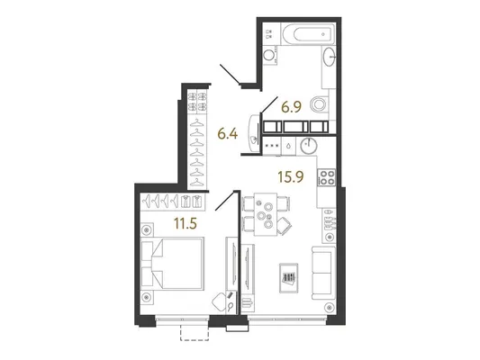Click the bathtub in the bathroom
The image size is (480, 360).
pyautogui.click(x=308, y=34)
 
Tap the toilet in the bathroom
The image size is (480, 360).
pyautogui.click(x=319, y=105)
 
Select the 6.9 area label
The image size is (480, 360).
pyautogui.click(x=292, y=107)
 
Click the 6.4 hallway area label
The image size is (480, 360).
pyautogui.click(x=228, y=134)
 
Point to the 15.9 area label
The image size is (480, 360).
pyautogui.click(x=291, y=176)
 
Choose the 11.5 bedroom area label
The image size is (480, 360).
pyautogui.click(x=186, y=224)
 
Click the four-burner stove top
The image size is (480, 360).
pyautogui.click(x=327, y=177)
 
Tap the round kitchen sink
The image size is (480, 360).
pyautogui.click(x=309, y=146)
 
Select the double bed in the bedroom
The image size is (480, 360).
pyautogui.click(x=173, y=264)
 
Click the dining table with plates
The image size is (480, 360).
pyautogui.click(x=266, y=214)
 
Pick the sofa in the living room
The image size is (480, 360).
pyautogui.click(x=323, y=273)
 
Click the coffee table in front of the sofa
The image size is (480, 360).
pyautogui.click(x=289, y=278)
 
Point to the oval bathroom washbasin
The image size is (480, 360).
pyautogui.click(x=330, y=57)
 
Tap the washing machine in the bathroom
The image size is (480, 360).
pyautogui.click(x=270, y=56)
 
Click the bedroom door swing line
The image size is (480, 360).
pyautogui.click(x=227, y=201)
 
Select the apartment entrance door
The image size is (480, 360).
pyautogui.click(x=230, y=74)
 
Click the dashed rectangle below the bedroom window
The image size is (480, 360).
pyautogui.click(x=195, y=332)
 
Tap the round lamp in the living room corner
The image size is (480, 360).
pyautogui.click(x=330, y=307)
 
